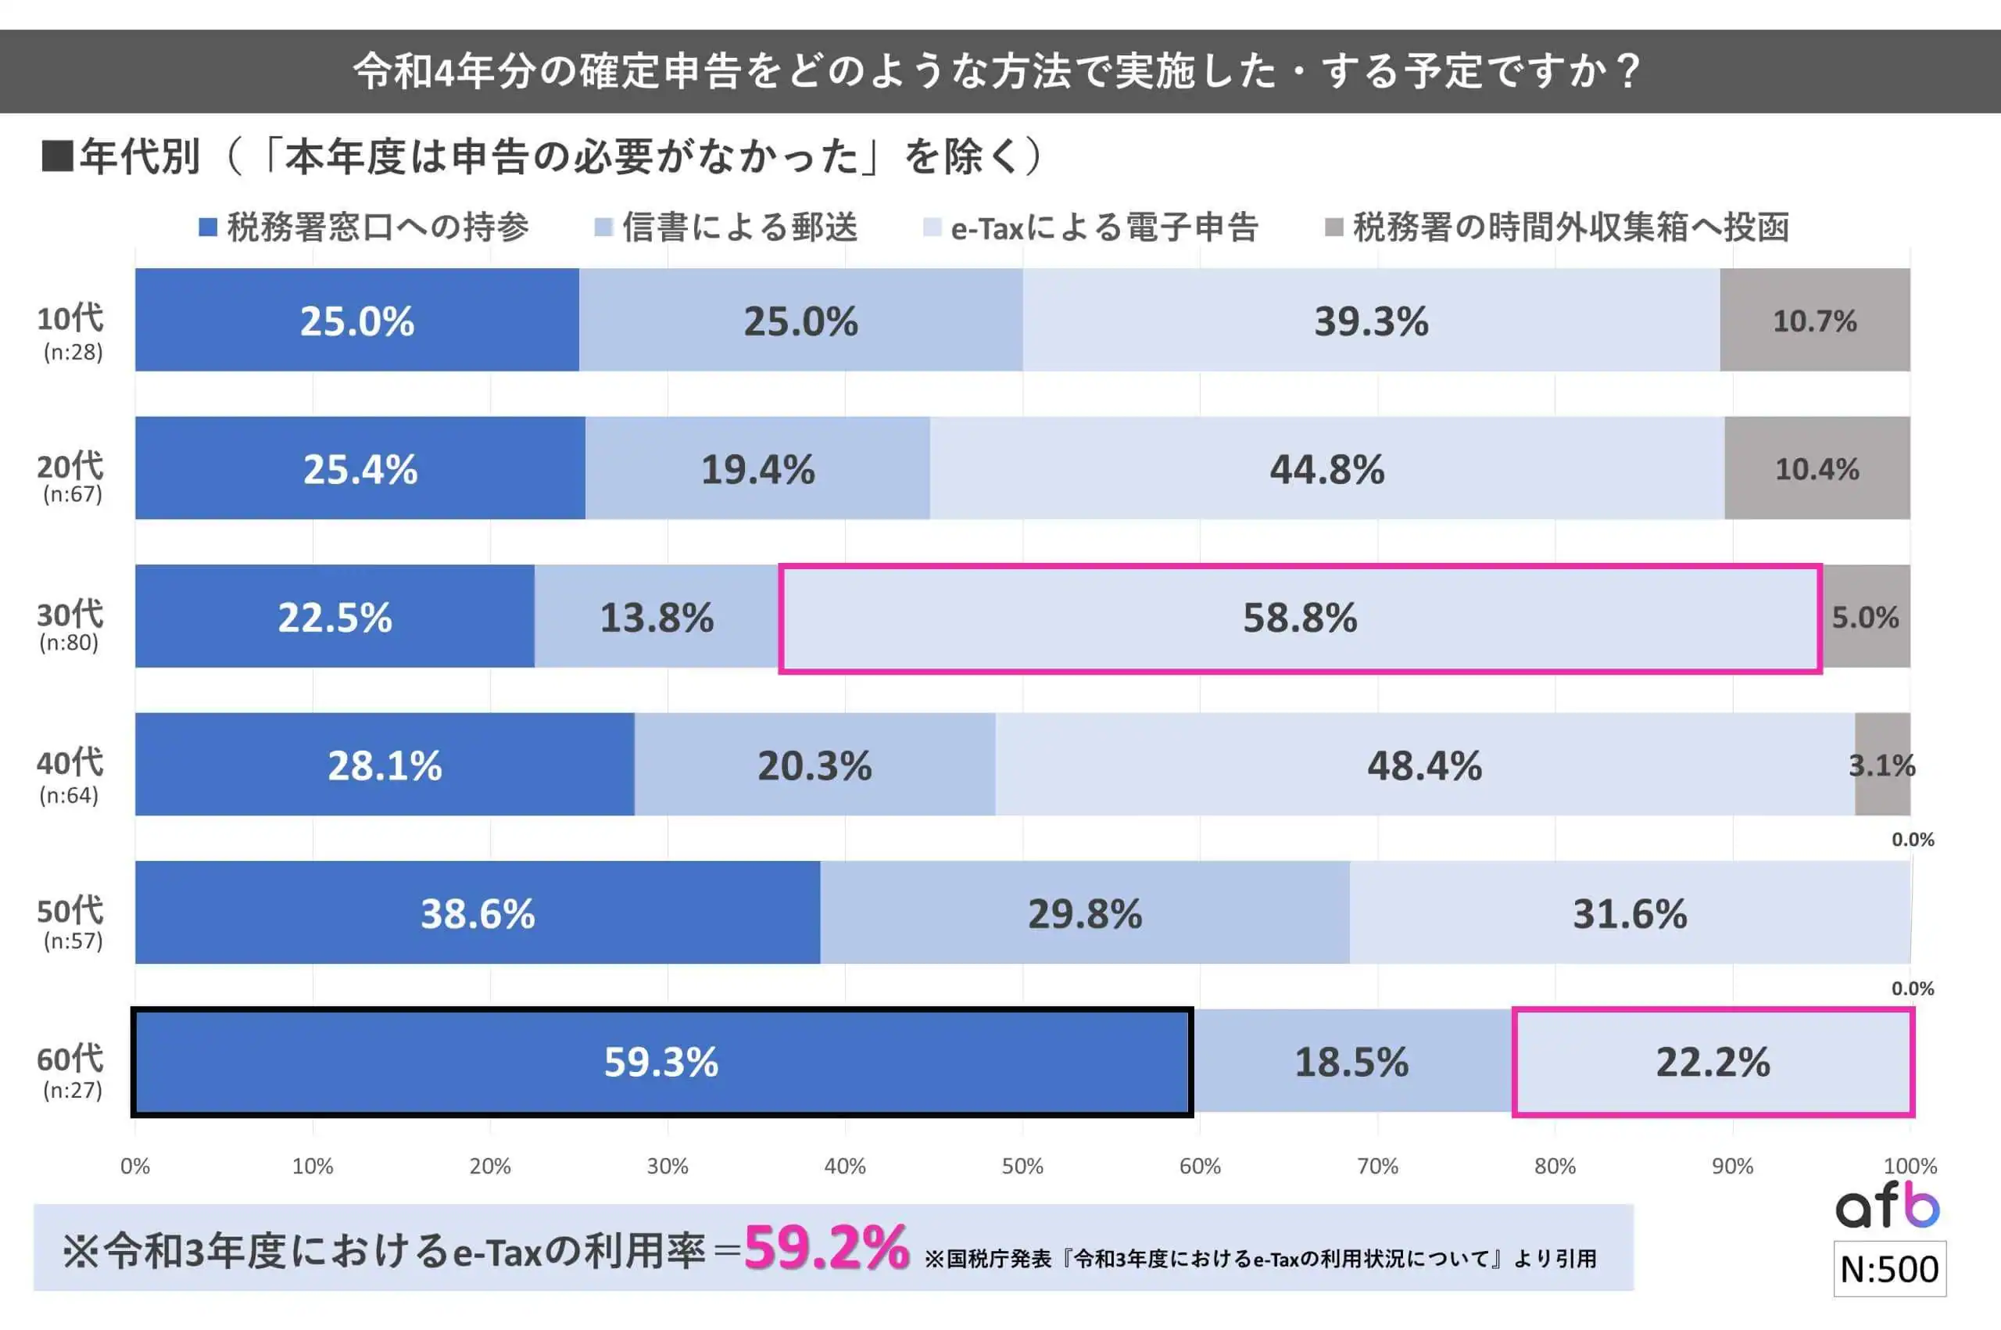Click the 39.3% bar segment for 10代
[x=1371, y=321]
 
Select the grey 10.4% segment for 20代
[x=1817, y=468]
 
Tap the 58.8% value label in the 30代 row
[x=1300, y=618]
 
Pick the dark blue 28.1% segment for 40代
[x=384, y=765]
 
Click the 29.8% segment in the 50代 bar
[x=1084, y=913]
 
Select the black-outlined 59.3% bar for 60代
[x=661, y=1062]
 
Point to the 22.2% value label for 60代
[x=1713, y=1062]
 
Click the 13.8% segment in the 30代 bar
[x=657, y=618]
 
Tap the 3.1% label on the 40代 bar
[x=1881, y=766]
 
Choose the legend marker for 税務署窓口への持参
[x=208, y=228]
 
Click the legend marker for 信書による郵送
[x=603, y=228]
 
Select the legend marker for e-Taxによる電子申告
[x=932, y=228]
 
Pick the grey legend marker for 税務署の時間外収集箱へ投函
[x=1333, y=228]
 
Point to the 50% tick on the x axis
[x=1022, y=1167]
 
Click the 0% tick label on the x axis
[x=134, y=1167]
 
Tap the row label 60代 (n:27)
[x=71, y=1072]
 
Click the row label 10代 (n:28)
[x=71, y=332]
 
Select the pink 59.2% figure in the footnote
[x=826, y=1249]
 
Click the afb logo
[x=1888, y=1206]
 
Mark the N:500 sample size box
[x=1890, y=1270]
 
